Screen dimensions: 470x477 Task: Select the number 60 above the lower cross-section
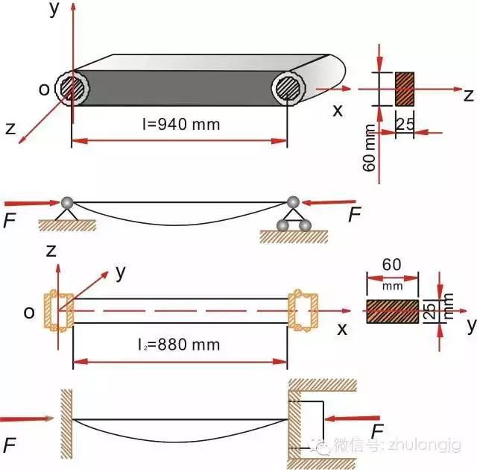pos(391,264)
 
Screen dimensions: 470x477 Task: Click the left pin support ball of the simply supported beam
pos(68,201)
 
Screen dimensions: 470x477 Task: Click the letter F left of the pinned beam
pos(10,219)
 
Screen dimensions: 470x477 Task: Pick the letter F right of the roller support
pos(354,216)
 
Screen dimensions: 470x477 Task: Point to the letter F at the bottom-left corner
pos(10,445)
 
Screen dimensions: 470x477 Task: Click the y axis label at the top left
pos(52,9)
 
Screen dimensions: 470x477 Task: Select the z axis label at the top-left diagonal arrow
pos(10,128)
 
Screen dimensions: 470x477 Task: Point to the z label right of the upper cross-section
pos(468,95)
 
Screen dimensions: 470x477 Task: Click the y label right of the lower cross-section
pos(470,325)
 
